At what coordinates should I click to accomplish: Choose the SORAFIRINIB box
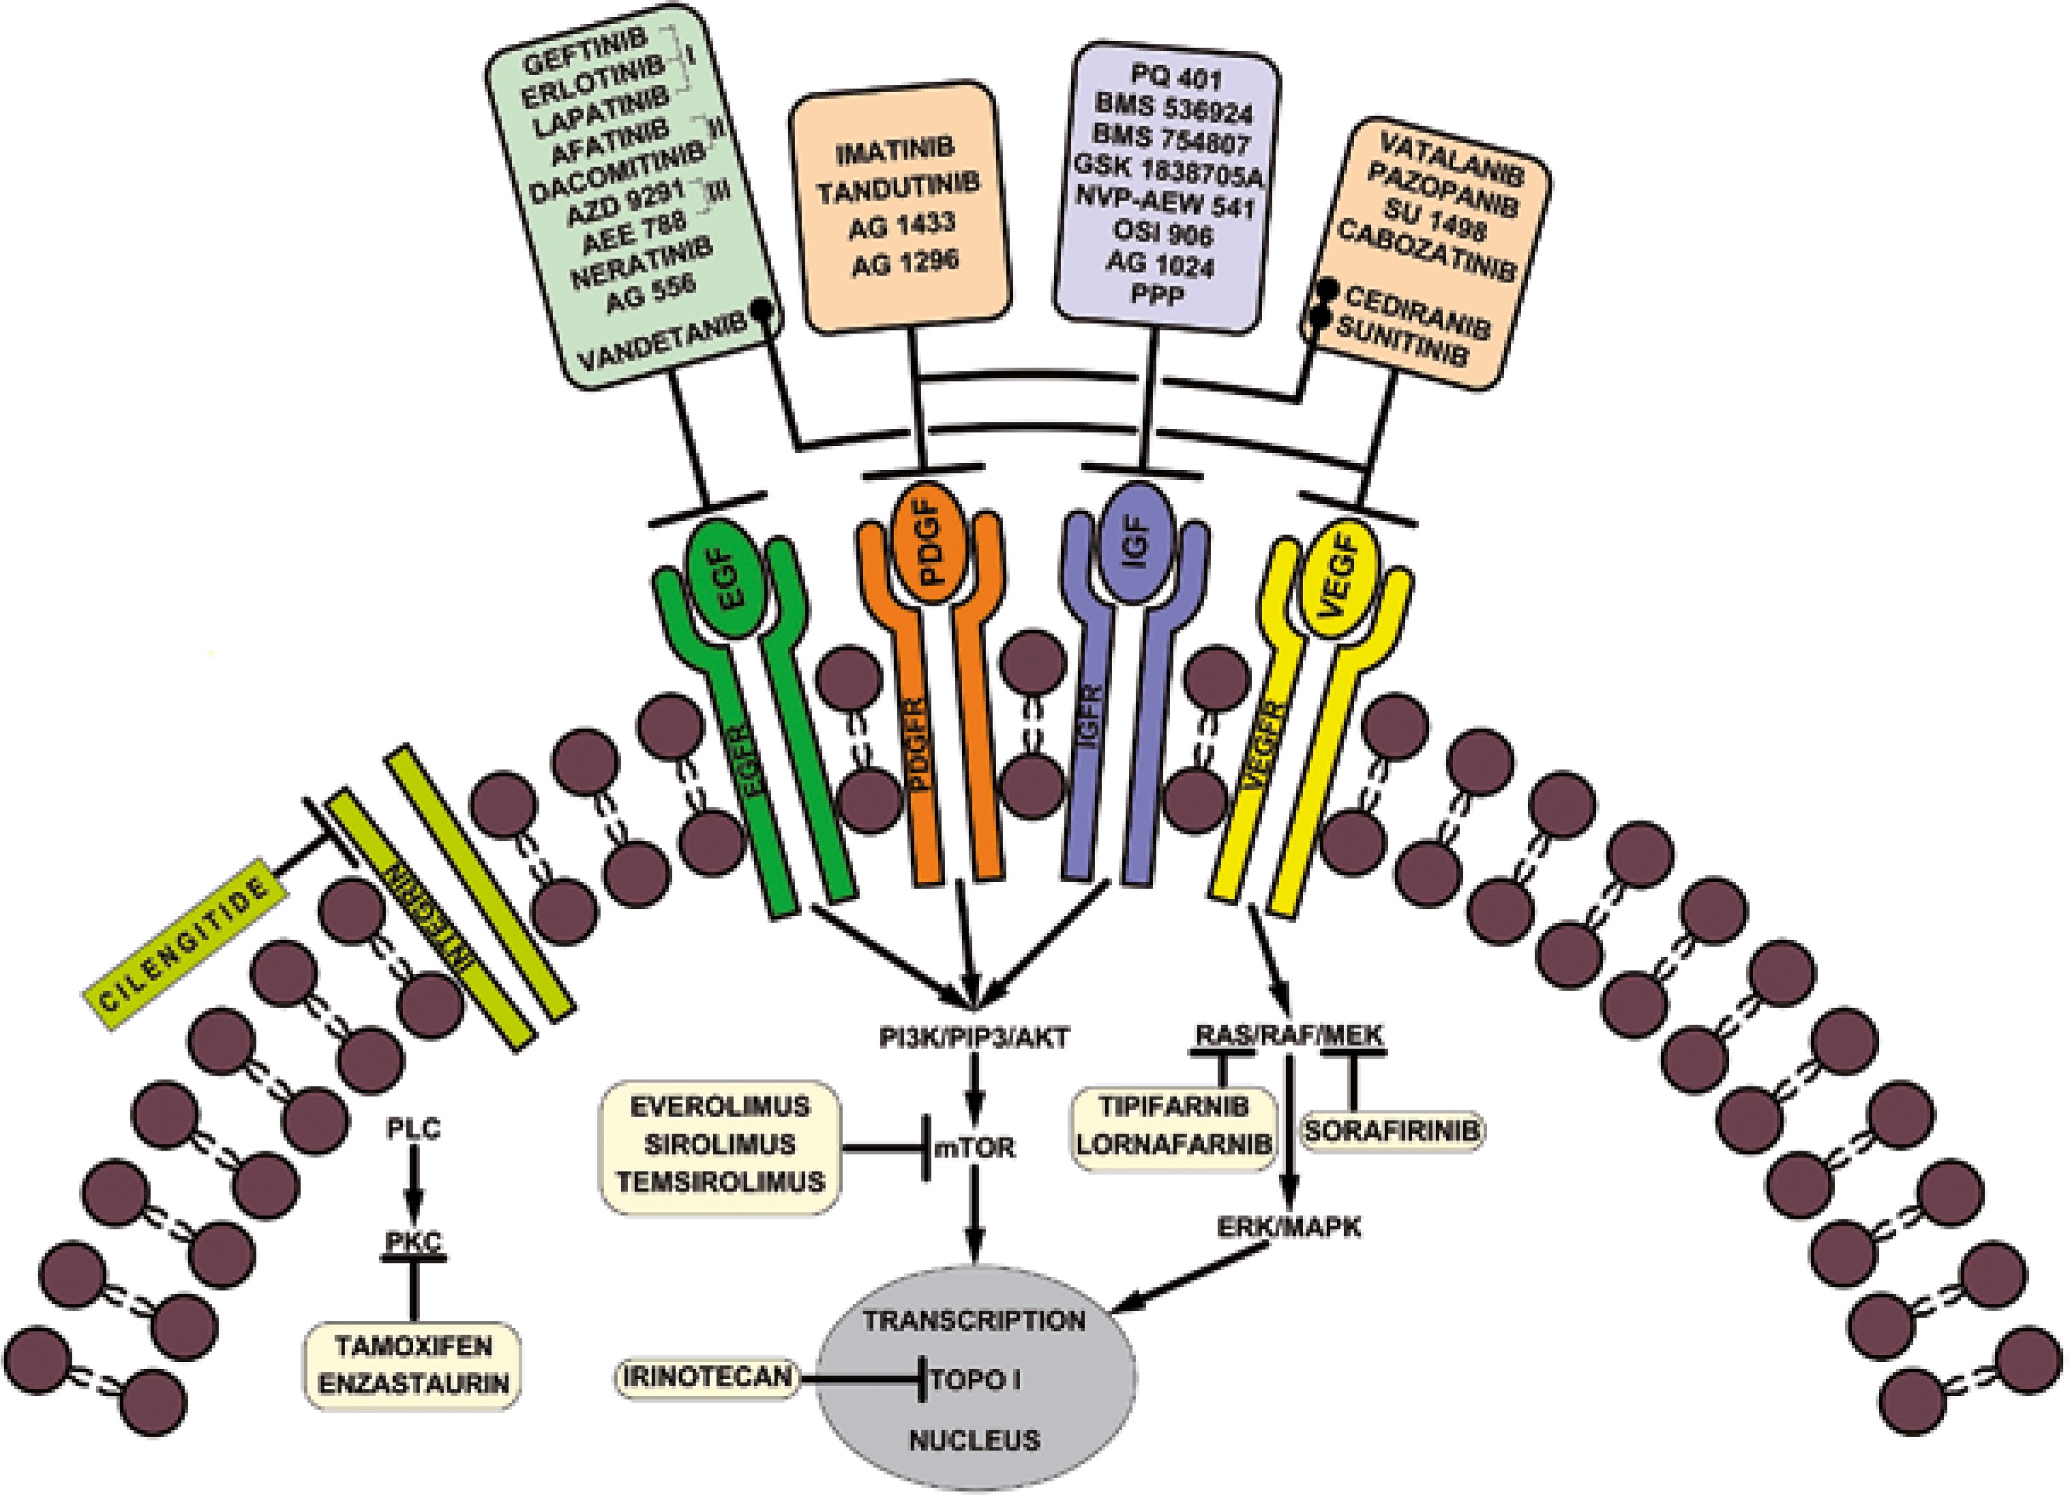(1391, 1131)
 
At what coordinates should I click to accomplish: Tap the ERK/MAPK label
(1289, 1227)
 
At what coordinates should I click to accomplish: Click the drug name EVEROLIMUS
(720, 1106)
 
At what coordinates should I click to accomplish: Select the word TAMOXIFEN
(413, 1346)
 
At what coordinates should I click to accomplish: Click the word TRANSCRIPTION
(975, 1320)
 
